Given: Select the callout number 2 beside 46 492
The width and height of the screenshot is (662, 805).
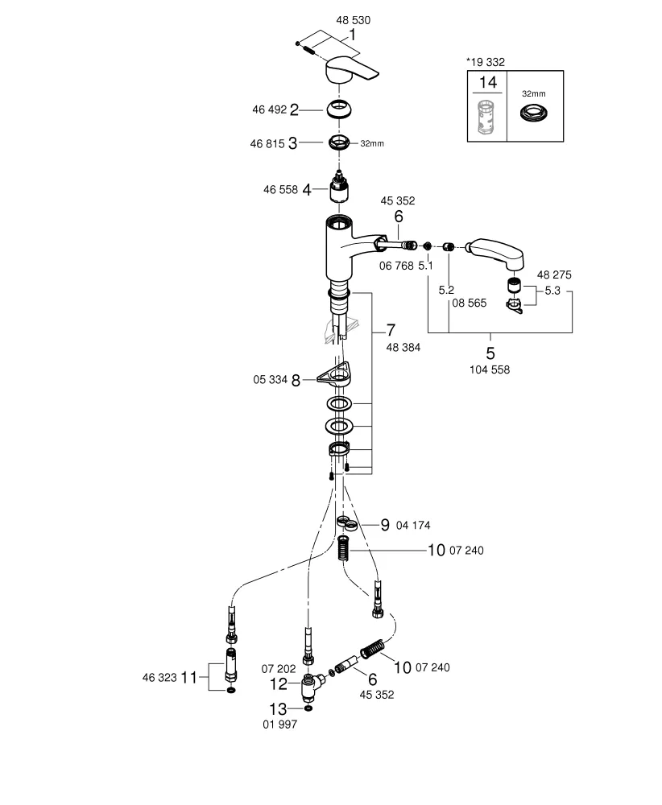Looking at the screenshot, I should [x=295, y=109].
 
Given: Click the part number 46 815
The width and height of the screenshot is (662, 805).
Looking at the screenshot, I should [x=268, y=143].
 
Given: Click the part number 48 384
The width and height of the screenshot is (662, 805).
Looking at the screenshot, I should [x=403, y=347].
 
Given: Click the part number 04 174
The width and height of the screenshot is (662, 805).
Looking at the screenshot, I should [x=413, y=525].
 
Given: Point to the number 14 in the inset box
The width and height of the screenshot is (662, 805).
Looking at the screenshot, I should [x=488, y=82].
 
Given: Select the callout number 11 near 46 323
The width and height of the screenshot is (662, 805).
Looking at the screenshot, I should [x=188, y=678].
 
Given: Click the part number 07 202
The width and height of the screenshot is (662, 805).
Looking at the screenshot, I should [x=278, y=668].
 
